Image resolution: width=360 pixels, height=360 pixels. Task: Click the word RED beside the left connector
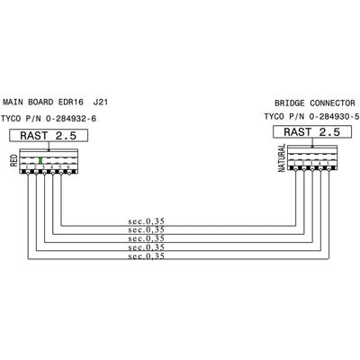pyautogui.click(x=13, y=160)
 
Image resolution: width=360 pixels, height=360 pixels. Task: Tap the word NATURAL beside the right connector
pyautogui.click(x=282, y=157)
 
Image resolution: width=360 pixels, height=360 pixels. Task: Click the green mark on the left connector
pyautogui.click(x=40, y=160)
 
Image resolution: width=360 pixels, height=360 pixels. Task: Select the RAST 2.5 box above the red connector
pyautogui.click(x=49, y=135)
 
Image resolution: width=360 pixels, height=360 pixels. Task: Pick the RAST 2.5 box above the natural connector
pyautogui.click(x=312, y=131)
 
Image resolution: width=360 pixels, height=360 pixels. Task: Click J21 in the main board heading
pyautogui.click(x=101, y=102)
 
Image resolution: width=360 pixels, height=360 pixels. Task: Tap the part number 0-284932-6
pyautogui.click(x=71, y=119)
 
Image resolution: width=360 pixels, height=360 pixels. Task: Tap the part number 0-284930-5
pyautogui.click(x=334, y=116)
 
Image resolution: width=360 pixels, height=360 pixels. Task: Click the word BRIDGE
pyautogui.click(x=289, y=103)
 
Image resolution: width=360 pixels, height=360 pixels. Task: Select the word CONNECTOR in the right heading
pyautogui.click(x=332, y=103)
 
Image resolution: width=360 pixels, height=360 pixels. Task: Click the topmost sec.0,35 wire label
pyautogui.click(x=147, y=221)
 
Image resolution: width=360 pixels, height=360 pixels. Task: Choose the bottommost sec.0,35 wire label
pyautogui.click(x=147, y=256)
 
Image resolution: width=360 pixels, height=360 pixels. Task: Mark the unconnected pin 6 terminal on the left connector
pyautogui.click(x=69, y=172)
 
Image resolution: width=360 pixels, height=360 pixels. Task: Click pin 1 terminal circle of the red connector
pyautogui.click(x=28, y=172)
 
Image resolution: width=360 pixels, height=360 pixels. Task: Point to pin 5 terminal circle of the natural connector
pyautogui.click(x=328, y=169)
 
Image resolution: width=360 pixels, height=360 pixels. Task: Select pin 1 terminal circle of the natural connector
pyautogui.click(x=296, y=169)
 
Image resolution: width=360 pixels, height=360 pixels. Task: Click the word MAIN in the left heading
pyautogui.click(x=13, y=102)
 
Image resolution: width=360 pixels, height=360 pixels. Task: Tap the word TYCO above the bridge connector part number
pyautogui.click(x=274, y=116)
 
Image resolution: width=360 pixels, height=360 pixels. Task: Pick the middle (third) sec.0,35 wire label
pyautogui.click(x=147, y=238)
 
